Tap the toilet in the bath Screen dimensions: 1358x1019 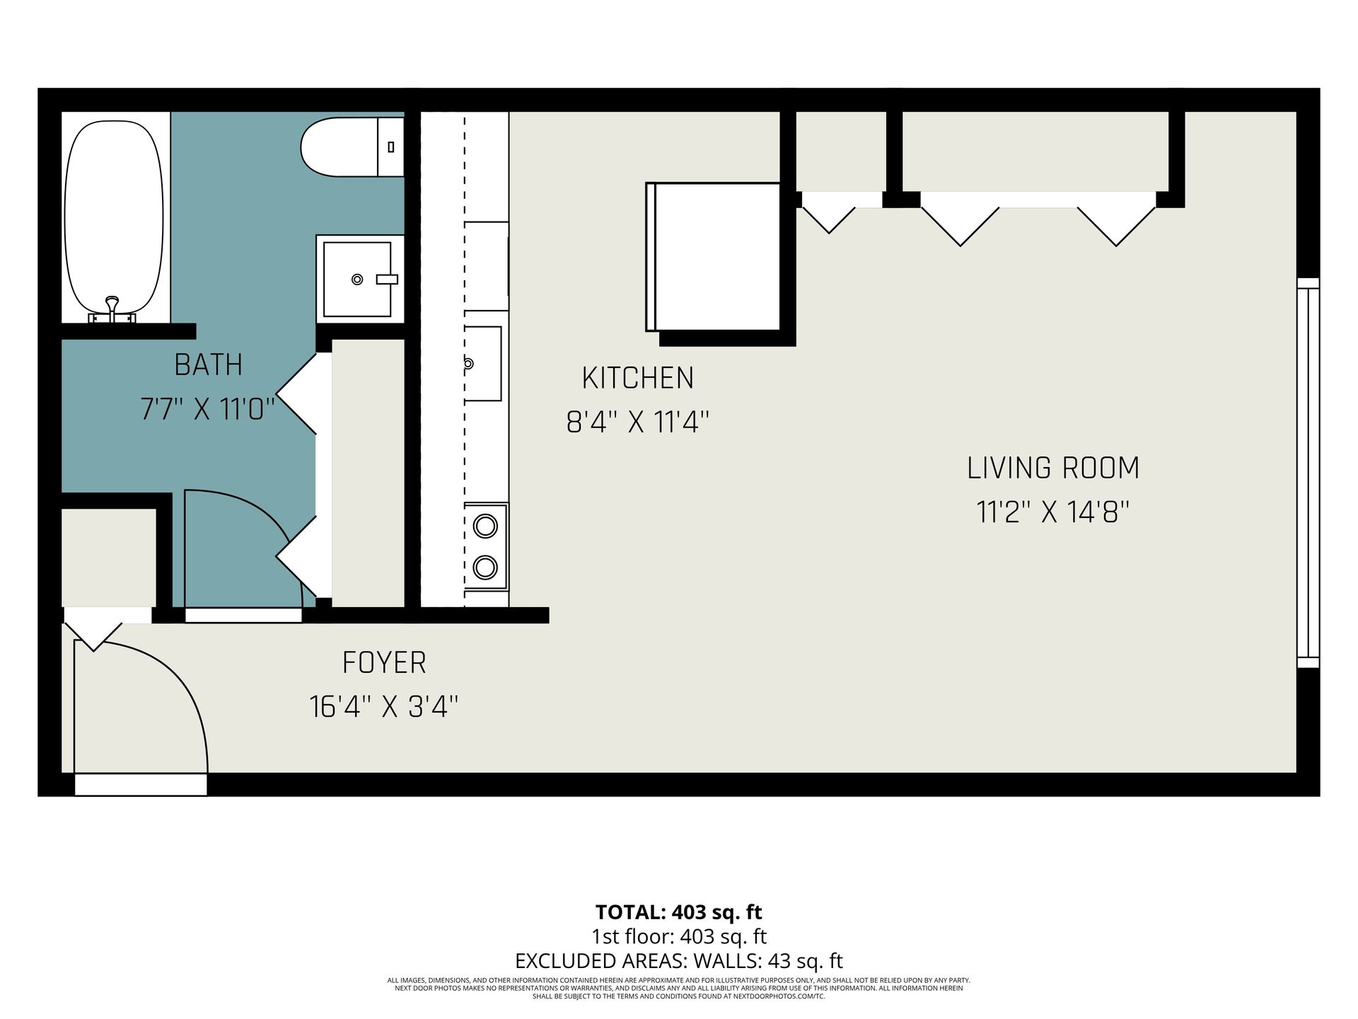click(352, 147)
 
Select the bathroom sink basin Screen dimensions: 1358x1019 click(357, 279)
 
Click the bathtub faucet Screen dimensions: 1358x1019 click(112, 310)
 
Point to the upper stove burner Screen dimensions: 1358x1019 click(485, 526)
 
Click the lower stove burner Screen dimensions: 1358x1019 click(485, 567)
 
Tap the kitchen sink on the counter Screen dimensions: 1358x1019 click(483, 364)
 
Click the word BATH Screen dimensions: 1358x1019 click(208, 365)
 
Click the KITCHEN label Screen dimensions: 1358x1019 click(637, 379)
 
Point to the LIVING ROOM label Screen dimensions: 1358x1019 click(1053, 468)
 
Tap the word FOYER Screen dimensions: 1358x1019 click(384, 663)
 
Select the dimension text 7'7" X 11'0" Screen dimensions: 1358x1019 click(207, 409)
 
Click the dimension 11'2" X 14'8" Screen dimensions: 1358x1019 click(1053, 512)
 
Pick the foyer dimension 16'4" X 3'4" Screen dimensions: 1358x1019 click(384, 706)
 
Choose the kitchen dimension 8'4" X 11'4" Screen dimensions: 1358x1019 click(637, 422)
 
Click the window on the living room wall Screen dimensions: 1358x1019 click(1308, 473)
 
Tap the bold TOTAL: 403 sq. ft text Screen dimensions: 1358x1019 click(679, 911)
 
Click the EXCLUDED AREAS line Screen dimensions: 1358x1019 click(679, 961)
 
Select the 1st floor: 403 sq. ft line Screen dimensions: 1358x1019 click(679, 936)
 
